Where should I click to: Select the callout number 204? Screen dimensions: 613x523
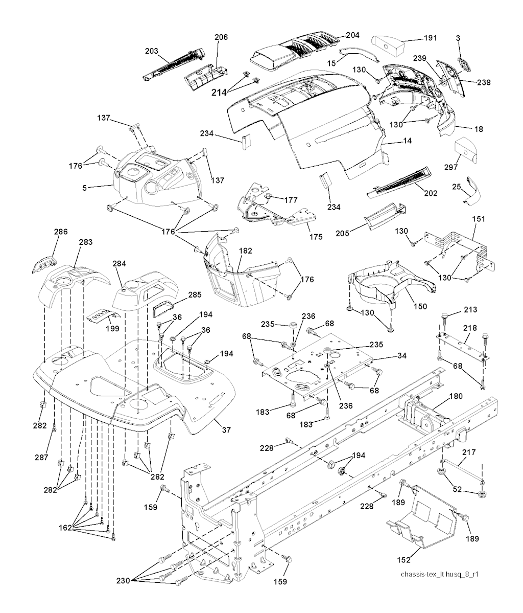(352, 35)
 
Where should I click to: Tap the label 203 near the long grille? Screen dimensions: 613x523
(151, 51)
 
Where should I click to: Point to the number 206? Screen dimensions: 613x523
(221, 37)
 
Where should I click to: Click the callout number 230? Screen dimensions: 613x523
(125, 581)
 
